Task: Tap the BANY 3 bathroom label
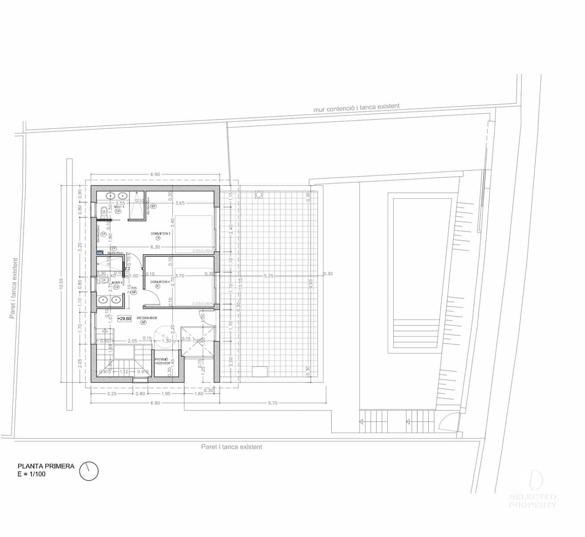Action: pyautogui.click(x=119, y=207)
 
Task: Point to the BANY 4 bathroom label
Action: pyautogui.click(x=117, y=283)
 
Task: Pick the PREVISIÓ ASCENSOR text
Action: pyautogui.click(x=161, y=361)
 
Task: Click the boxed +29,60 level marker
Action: pyautogui.click(x=124, y=319)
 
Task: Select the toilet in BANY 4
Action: pyautogui.click(x=104, y=281)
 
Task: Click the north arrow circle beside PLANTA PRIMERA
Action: pyautogui.click(x=89, y=471)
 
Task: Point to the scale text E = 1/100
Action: pyautogui.click(x=31, y=474)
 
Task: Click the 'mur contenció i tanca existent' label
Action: pyautogui.click(x=356, y=107)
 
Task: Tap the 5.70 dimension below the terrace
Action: pyautogui.click(x=272, y=403)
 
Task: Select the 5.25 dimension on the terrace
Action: pyautogui.click(x=268, y=276)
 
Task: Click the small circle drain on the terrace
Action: pyautogui.click(x=259, y=195)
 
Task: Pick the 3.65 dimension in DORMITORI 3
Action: pyautogui.click(x=180, y=203)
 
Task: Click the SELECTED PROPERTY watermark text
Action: pyautogui.click(x=533, y=501)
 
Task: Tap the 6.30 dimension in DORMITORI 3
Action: pyautogui.click(x=155, y=247)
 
